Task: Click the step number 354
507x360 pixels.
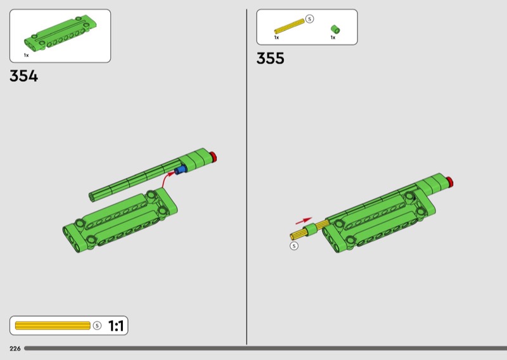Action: [x=23, y=76]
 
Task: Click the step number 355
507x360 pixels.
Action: [x=271, y=58]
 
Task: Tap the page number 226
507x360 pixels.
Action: [x=15, y=349]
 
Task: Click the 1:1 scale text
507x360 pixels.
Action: [x=116, y=326]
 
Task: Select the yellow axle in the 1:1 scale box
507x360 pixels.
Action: [x=53, y=325]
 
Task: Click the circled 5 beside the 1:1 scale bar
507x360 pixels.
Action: [x=97, y=325]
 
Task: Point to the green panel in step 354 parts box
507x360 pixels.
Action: [x=61, y=32]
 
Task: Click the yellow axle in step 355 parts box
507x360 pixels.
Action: [x=290, y=26]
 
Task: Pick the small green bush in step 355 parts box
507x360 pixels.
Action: [x=335, y=29]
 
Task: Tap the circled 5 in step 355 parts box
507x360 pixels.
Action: [x=309, y=19]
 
